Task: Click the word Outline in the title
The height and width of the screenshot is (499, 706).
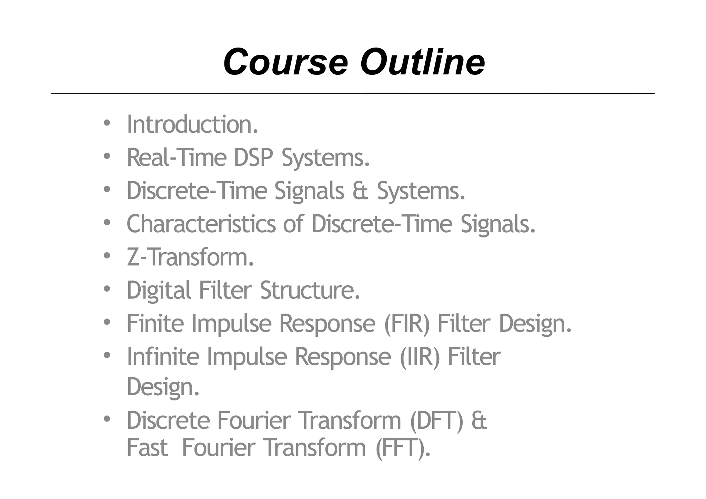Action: click(x=423, y=62)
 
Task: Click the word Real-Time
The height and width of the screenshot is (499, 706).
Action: click(x=176, y=158)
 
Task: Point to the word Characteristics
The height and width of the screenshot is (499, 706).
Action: click(x=201, y=224)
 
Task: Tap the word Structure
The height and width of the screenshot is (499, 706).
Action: click(x=309, y=291)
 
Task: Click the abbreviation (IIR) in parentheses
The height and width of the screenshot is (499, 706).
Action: click(x=420, y=357)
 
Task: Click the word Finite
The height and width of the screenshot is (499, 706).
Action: click(x=155, y=324)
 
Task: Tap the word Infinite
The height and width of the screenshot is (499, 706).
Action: click(x=163, y=357)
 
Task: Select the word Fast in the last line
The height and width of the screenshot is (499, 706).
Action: click(x=147, y=448)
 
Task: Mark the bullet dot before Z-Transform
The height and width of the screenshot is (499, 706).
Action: click(x=107, y=256)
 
